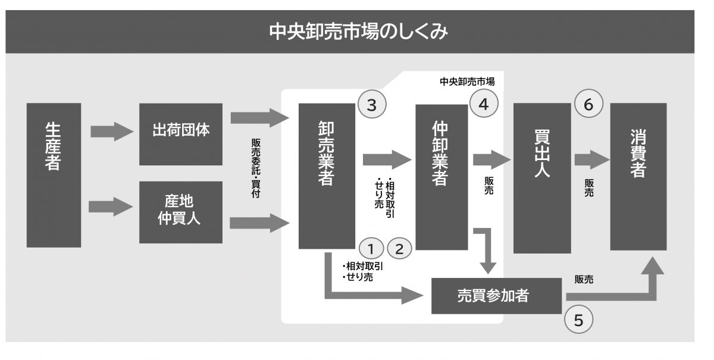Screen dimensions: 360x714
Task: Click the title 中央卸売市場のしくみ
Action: click(x=358, y=32)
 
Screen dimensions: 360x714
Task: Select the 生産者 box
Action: click(x=54, y=175)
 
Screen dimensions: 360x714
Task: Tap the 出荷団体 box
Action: click(x=180, y=134)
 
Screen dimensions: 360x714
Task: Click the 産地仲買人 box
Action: click(x=180, y=212)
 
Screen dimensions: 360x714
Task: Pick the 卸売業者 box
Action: click(x=326, y=176)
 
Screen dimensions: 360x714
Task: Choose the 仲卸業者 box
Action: click(x=441, y=177)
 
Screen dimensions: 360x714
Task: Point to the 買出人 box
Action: click(x=541, y=177)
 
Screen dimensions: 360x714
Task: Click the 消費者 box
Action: click(x=638, y=176)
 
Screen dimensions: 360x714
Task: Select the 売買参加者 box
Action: click(x=496, y=295)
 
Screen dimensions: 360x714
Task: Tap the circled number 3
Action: click(x=371, y=105)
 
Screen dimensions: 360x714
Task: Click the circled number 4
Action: click(x=483, y=105)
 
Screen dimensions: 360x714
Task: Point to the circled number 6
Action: click(x=588, y=105)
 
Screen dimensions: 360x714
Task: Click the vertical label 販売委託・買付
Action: click(x=255, y=168)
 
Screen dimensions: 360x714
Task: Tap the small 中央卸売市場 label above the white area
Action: click(x=467, y=82)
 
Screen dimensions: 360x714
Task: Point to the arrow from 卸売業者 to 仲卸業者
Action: click(x=387, y=160)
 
